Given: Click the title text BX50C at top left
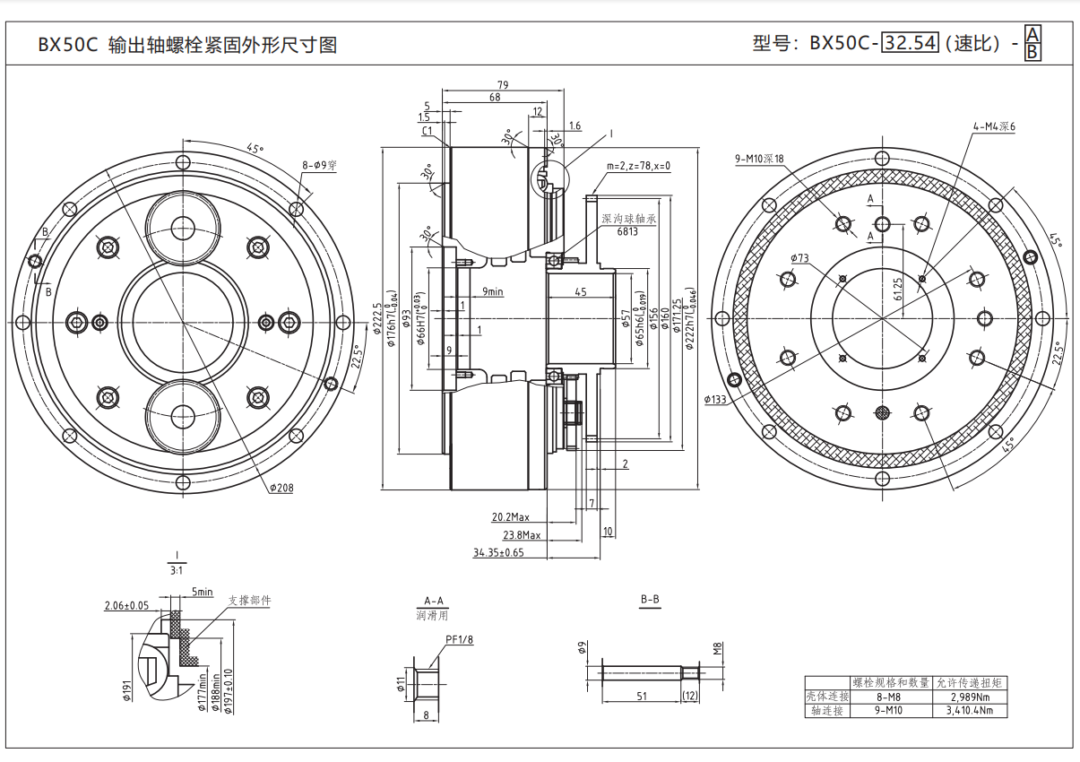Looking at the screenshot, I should [x=66, y=45].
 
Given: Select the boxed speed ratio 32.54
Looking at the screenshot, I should [x=911, y=43].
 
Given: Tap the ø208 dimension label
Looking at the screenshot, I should [x=281, y=489].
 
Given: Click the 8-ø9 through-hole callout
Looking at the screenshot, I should [x=319, y=166].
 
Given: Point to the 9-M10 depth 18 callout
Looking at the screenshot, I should [x=759, y=160].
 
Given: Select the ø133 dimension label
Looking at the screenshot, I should [x=716, y=400].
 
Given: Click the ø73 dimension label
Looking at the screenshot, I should [x=800, y=258].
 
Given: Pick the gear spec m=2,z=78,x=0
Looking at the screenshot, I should [x=638, y=166].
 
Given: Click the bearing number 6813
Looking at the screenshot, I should [x=628, y=230].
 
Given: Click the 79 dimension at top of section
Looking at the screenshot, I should [x=503, y=85].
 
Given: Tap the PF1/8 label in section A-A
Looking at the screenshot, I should [x=459, y=639].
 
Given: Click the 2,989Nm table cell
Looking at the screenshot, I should [x=970, y=697].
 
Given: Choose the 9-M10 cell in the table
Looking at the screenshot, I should [x=887, y=710].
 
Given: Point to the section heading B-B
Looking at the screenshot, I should [x=650, y=600].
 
